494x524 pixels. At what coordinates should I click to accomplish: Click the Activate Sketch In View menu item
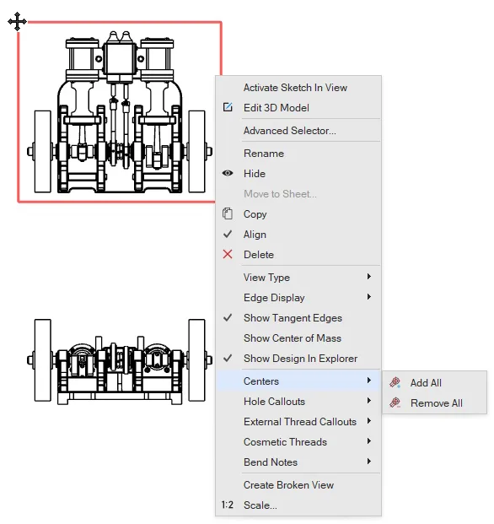(x=295, y=88)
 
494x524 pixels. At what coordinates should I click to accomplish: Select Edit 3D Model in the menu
(x=276, y=108)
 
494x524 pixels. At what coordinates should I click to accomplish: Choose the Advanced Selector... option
(x=290, y=131)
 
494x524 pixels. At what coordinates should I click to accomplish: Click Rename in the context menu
(x=264, y=154)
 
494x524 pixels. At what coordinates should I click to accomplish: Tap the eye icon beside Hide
(x=228, y=173)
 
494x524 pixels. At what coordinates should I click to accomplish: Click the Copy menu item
(x=255, y=214)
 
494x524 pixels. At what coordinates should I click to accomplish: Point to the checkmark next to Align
(x=228, y=235)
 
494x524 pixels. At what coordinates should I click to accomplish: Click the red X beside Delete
(x=228, y=254)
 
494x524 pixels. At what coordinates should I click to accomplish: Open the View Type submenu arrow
(x=369, y=277)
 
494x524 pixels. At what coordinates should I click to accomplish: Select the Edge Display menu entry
(x=274, y=298)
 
